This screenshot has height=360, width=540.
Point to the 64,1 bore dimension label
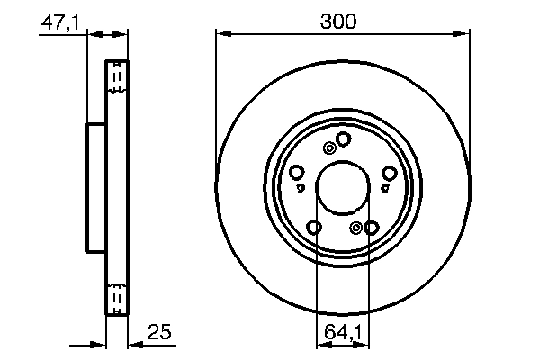coord(342,333)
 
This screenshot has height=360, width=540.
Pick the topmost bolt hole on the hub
coord(342,138)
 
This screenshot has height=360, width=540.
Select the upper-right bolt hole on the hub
coord(389,173)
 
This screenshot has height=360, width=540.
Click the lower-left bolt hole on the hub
coord(314,227)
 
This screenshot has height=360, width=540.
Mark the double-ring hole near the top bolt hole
coord(330,148)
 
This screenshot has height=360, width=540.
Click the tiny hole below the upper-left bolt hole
coord(301,187)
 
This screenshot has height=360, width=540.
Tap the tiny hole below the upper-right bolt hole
coord(384,187)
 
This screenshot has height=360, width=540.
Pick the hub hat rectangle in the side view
coord(97,187)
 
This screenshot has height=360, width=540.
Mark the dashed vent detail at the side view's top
coord(116,78)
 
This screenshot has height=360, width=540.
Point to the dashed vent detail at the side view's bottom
coord(116,296)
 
